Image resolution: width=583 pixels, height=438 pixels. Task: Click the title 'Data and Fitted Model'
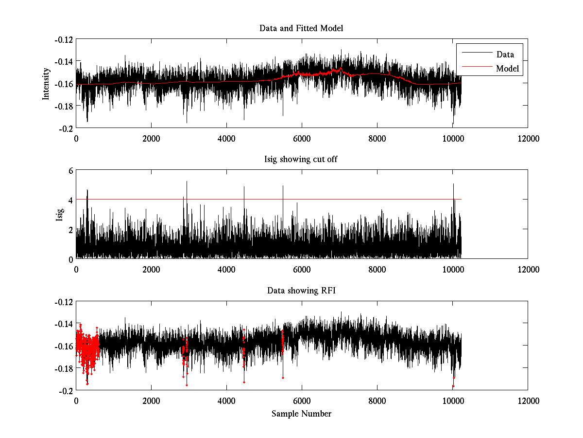coord(301,28)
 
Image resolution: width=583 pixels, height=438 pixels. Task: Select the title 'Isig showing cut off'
coord(301,160)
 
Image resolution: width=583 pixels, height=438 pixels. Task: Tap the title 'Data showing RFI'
coord(301,291)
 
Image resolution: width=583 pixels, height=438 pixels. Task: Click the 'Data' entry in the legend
coord(505,55)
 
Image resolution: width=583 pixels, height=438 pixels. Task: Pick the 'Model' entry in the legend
coord(507,69)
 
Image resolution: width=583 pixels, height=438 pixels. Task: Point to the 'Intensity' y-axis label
coord(46,83)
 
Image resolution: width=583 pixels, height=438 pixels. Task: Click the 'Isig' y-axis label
coord(60,215)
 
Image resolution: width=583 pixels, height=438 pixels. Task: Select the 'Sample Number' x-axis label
coord(301,414)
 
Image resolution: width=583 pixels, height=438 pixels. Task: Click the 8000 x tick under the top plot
coord(377,138)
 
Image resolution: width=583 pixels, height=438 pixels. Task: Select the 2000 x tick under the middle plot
coord(151,270)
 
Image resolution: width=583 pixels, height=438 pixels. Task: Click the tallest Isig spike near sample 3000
coord(187,182)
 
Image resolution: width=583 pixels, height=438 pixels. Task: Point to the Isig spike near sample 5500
coord(283,185)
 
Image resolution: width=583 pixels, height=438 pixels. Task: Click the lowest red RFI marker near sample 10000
coord(453,386)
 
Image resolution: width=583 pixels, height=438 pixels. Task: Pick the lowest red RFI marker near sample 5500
coord(283,378)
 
